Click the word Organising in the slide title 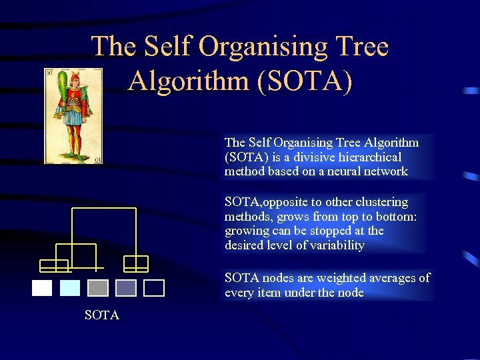click(257, 47)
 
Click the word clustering click(378, 202)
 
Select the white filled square click(42, 288)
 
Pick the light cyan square click(70, 288)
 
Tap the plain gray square click(98, 288)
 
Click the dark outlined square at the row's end click(154, 288)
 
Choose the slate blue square click(126, 288)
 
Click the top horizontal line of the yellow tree click(103, 209)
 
